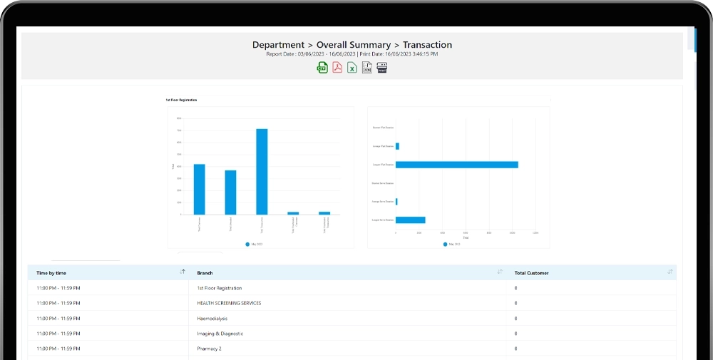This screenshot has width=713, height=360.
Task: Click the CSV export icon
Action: point(322,68)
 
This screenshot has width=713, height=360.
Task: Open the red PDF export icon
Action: point(337,68)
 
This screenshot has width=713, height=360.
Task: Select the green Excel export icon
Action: point(352,68)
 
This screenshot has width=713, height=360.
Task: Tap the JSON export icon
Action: point(367,68)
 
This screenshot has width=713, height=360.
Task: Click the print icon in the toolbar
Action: point(382,68)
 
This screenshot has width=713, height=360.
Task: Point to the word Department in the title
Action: point(279,45)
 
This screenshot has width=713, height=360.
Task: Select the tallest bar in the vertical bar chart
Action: point(262,171)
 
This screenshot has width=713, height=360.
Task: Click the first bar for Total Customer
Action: point(199,189)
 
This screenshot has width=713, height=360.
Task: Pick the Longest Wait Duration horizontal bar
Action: point(456,165)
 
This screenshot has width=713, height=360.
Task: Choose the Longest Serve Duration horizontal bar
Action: point(410,220)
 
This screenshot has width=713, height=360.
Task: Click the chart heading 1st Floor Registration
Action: point(182,100)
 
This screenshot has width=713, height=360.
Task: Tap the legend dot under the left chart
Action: point(247,244)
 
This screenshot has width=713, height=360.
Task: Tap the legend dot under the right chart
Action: point(446,244)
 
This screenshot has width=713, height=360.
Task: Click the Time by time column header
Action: point(51,273)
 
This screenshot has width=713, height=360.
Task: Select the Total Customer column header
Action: point(531,273)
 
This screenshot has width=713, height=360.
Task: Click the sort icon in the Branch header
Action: point(500,272)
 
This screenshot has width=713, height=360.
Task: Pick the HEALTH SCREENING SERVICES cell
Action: point(229,303)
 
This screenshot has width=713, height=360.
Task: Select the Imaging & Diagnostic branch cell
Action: point(220,333)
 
